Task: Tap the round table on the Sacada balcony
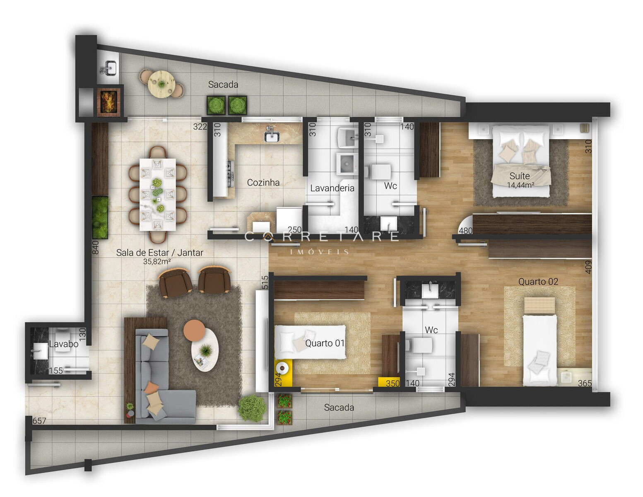click(161, 84)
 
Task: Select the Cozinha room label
click(263, 182)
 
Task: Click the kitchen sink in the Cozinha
click(272, 136)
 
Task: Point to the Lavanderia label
click(332, 188)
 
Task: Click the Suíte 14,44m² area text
click(520, 186)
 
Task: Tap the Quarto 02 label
click(538, 282)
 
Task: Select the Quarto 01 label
click(325, 343)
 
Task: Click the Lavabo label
click(64, 344)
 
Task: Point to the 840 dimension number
click(95, 247)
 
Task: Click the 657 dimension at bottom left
click(39, 421)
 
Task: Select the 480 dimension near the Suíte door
click(465, 231)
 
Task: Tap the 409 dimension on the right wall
click(588, 267)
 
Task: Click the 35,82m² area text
click(157, 262)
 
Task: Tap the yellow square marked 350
click(389, 382)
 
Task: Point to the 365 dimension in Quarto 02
click(585, 384)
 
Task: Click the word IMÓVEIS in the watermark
click(320, 252)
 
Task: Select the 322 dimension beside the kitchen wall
click(200, 127)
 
